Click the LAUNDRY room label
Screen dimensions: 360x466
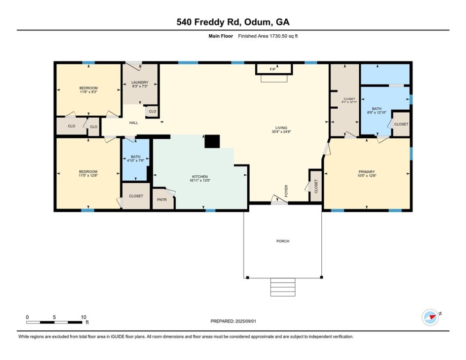pyautogui.click(x=139, y=82)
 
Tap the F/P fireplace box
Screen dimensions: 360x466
pyautogui.click(x=274, y=69)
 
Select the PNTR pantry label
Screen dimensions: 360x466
pyautogui.click(x=162, y=200)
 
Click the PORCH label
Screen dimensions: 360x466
pyautogui.click(x=282, y=241)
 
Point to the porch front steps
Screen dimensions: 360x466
pyautogui.click(x=283, y=286)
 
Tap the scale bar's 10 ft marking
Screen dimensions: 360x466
pyautogui.click(x=83, y=317)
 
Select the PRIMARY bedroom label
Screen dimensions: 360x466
pyautogui.click(x=367, y=172)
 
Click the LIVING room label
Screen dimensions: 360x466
pyautogui.click(x=281, y=127)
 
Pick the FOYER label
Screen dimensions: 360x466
pyautogui.click(x=286, y=190)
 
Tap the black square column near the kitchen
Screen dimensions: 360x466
pyautogui.click(x=212, y=142)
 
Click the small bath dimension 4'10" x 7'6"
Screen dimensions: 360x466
pyautogui.click(x=135, y=161)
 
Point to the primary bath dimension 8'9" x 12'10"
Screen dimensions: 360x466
pyautogui.click(x=377, y=112)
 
